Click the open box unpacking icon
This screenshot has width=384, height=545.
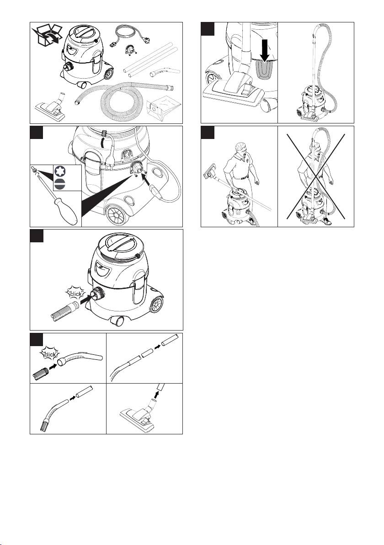[47, 35]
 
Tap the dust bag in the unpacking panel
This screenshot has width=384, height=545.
[163, 108]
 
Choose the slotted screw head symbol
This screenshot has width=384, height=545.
[60, 184]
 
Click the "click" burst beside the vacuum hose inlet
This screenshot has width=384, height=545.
[76, 294]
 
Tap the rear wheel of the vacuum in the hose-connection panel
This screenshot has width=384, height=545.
[157, 305]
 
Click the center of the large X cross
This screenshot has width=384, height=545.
[315, 176]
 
